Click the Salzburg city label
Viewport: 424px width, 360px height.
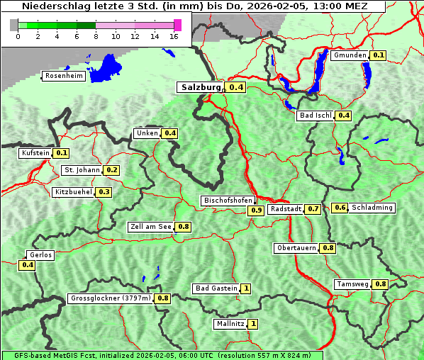click(201, 87)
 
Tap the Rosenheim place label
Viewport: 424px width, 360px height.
click(63, 76)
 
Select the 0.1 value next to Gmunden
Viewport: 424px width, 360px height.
click(379, 55)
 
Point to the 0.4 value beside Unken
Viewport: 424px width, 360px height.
click(170, 133)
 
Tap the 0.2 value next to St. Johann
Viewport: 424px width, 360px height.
click(112, 170)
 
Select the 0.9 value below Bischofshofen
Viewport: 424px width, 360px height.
click(256, 210)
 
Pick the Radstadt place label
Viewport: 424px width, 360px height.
click(286, 209)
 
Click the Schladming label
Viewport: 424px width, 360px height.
click(372, 208)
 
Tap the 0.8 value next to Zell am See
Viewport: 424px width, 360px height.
click(184, 227)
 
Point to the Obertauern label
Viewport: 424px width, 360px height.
click(296, 248)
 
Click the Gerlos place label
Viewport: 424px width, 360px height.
click(40, 255)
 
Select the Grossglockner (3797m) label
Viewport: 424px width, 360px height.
click(111, 298)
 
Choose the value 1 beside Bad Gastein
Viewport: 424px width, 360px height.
click(246, 288)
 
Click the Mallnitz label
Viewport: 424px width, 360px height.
click(230, 324)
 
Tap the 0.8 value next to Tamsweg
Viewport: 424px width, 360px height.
click(381, 284)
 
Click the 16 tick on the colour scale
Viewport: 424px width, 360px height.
click(174, 36)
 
